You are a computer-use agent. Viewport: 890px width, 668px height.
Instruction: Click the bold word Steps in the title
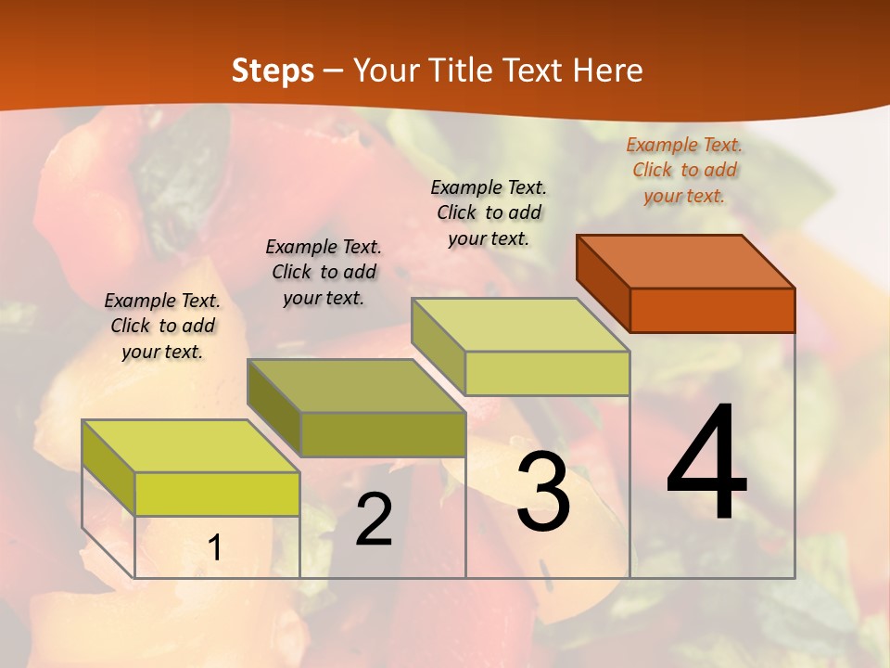coord(273,71)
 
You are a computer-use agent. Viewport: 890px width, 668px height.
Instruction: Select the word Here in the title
coord(607,71)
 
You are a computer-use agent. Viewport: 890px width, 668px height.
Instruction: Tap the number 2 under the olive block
coord(374,520)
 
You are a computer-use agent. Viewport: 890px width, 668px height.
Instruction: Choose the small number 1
coord(214,547)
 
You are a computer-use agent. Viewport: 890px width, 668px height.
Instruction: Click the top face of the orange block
coord(686,261)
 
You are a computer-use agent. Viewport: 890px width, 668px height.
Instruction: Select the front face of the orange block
coord(712,310)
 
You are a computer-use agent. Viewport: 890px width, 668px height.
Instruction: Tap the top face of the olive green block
coord(356,385)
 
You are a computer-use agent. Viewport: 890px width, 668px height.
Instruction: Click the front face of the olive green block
coord(383,434)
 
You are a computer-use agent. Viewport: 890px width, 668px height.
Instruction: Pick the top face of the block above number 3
coord(520,325)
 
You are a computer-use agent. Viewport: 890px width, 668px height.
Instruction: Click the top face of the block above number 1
coord(191,445)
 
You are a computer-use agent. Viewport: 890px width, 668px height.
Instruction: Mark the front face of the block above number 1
coord(217,494)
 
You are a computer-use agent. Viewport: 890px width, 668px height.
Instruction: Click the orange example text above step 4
coord(684,170)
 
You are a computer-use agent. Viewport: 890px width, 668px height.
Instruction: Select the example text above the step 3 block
coord(489,212)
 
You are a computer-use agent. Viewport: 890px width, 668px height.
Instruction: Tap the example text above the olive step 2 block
coord(324,272)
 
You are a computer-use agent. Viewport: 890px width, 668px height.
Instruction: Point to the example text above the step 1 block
coord(162,326)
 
